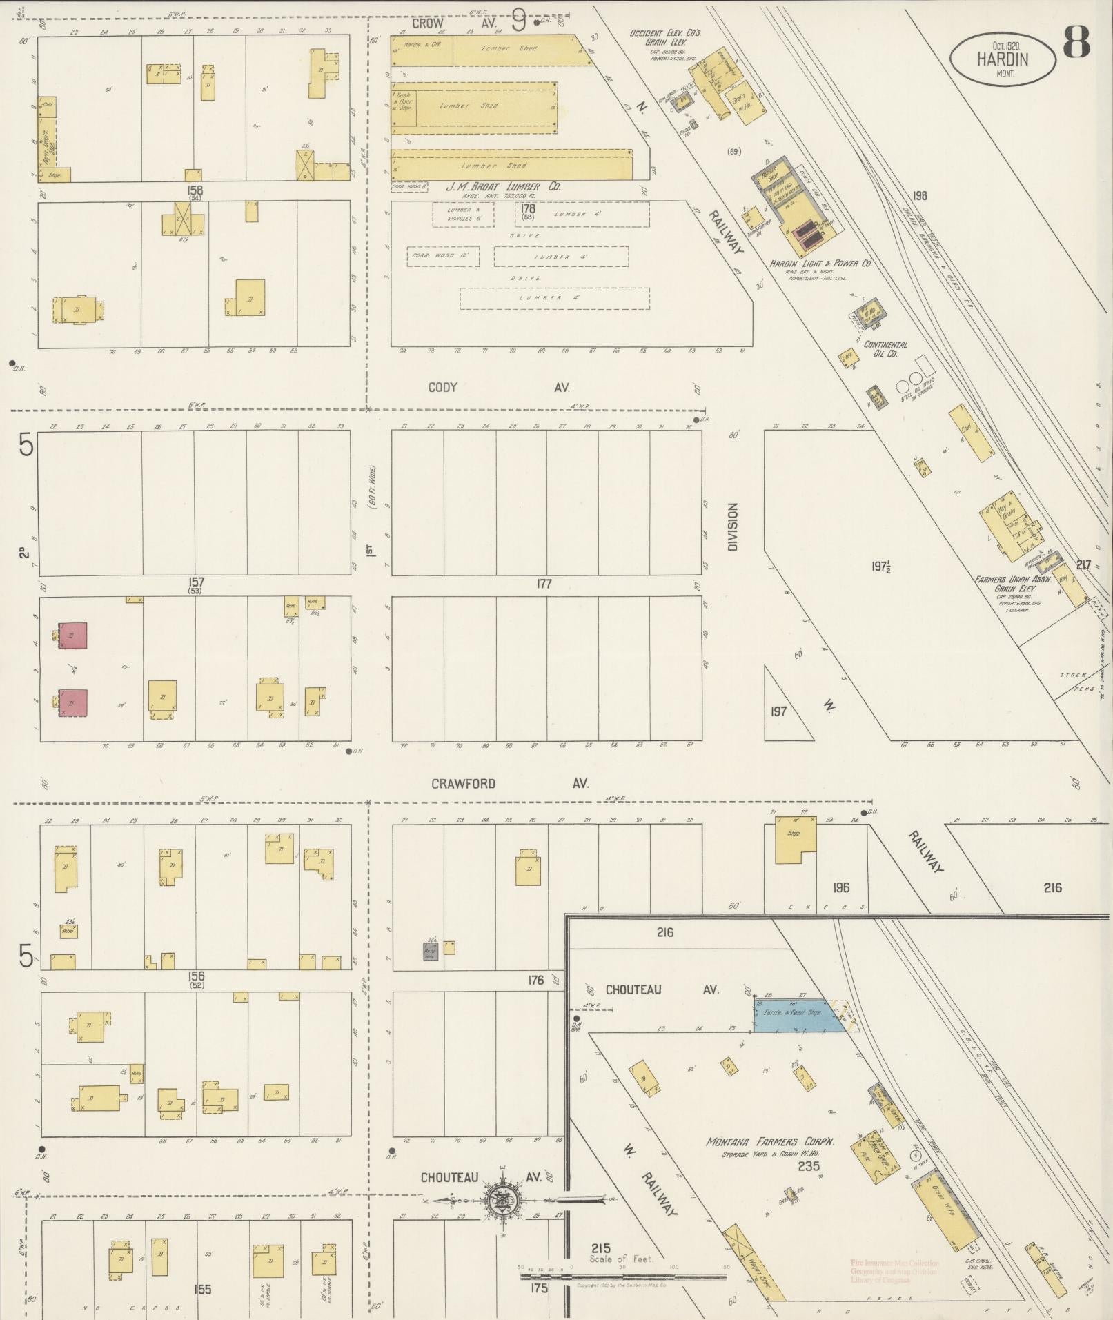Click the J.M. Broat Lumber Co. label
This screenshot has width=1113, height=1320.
pyautogui.click(x=502, y=187)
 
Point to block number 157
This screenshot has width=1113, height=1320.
pyautogui.click(x=195, y=584)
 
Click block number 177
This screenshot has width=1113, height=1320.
pyautogui.click(x=544, y=584)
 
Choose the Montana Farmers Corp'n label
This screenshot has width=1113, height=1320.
pyautogui.click(x=770, y=1143)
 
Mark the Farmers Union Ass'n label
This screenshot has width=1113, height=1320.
pyautogui.click(x=1012, y=584)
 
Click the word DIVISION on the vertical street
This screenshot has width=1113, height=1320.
pyautogui.click(x=733, y=526)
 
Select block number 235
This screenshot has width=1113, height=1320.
pyautogui.click(x=808, y=1167)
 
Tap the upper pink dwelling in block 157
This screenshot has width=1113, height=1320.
pyautogui.click(x=72, y=636)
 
